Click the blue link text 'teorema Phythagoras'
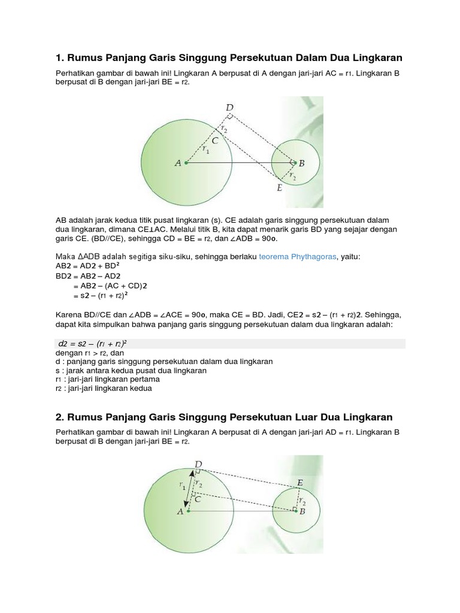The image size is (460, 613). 298,257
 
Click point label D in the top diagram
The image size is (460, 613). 229,108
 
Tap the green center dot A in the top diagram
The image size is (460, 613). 186,162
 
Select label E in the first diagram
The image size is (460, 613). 279,188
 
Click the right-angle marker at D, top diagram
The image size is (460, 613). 231,117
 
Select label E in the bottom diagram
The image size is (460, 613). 299,482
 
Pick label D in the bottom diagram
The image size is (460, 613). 198,464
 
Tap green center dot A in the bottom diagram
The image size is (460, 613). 189,511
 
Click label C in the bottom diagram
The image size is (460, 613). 198,498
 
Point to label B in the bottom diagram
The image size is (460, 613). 302,512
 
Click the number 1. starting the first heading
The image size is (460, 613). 59,57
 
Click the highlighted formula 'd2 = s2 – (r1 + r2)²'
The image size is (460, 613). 89,344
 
